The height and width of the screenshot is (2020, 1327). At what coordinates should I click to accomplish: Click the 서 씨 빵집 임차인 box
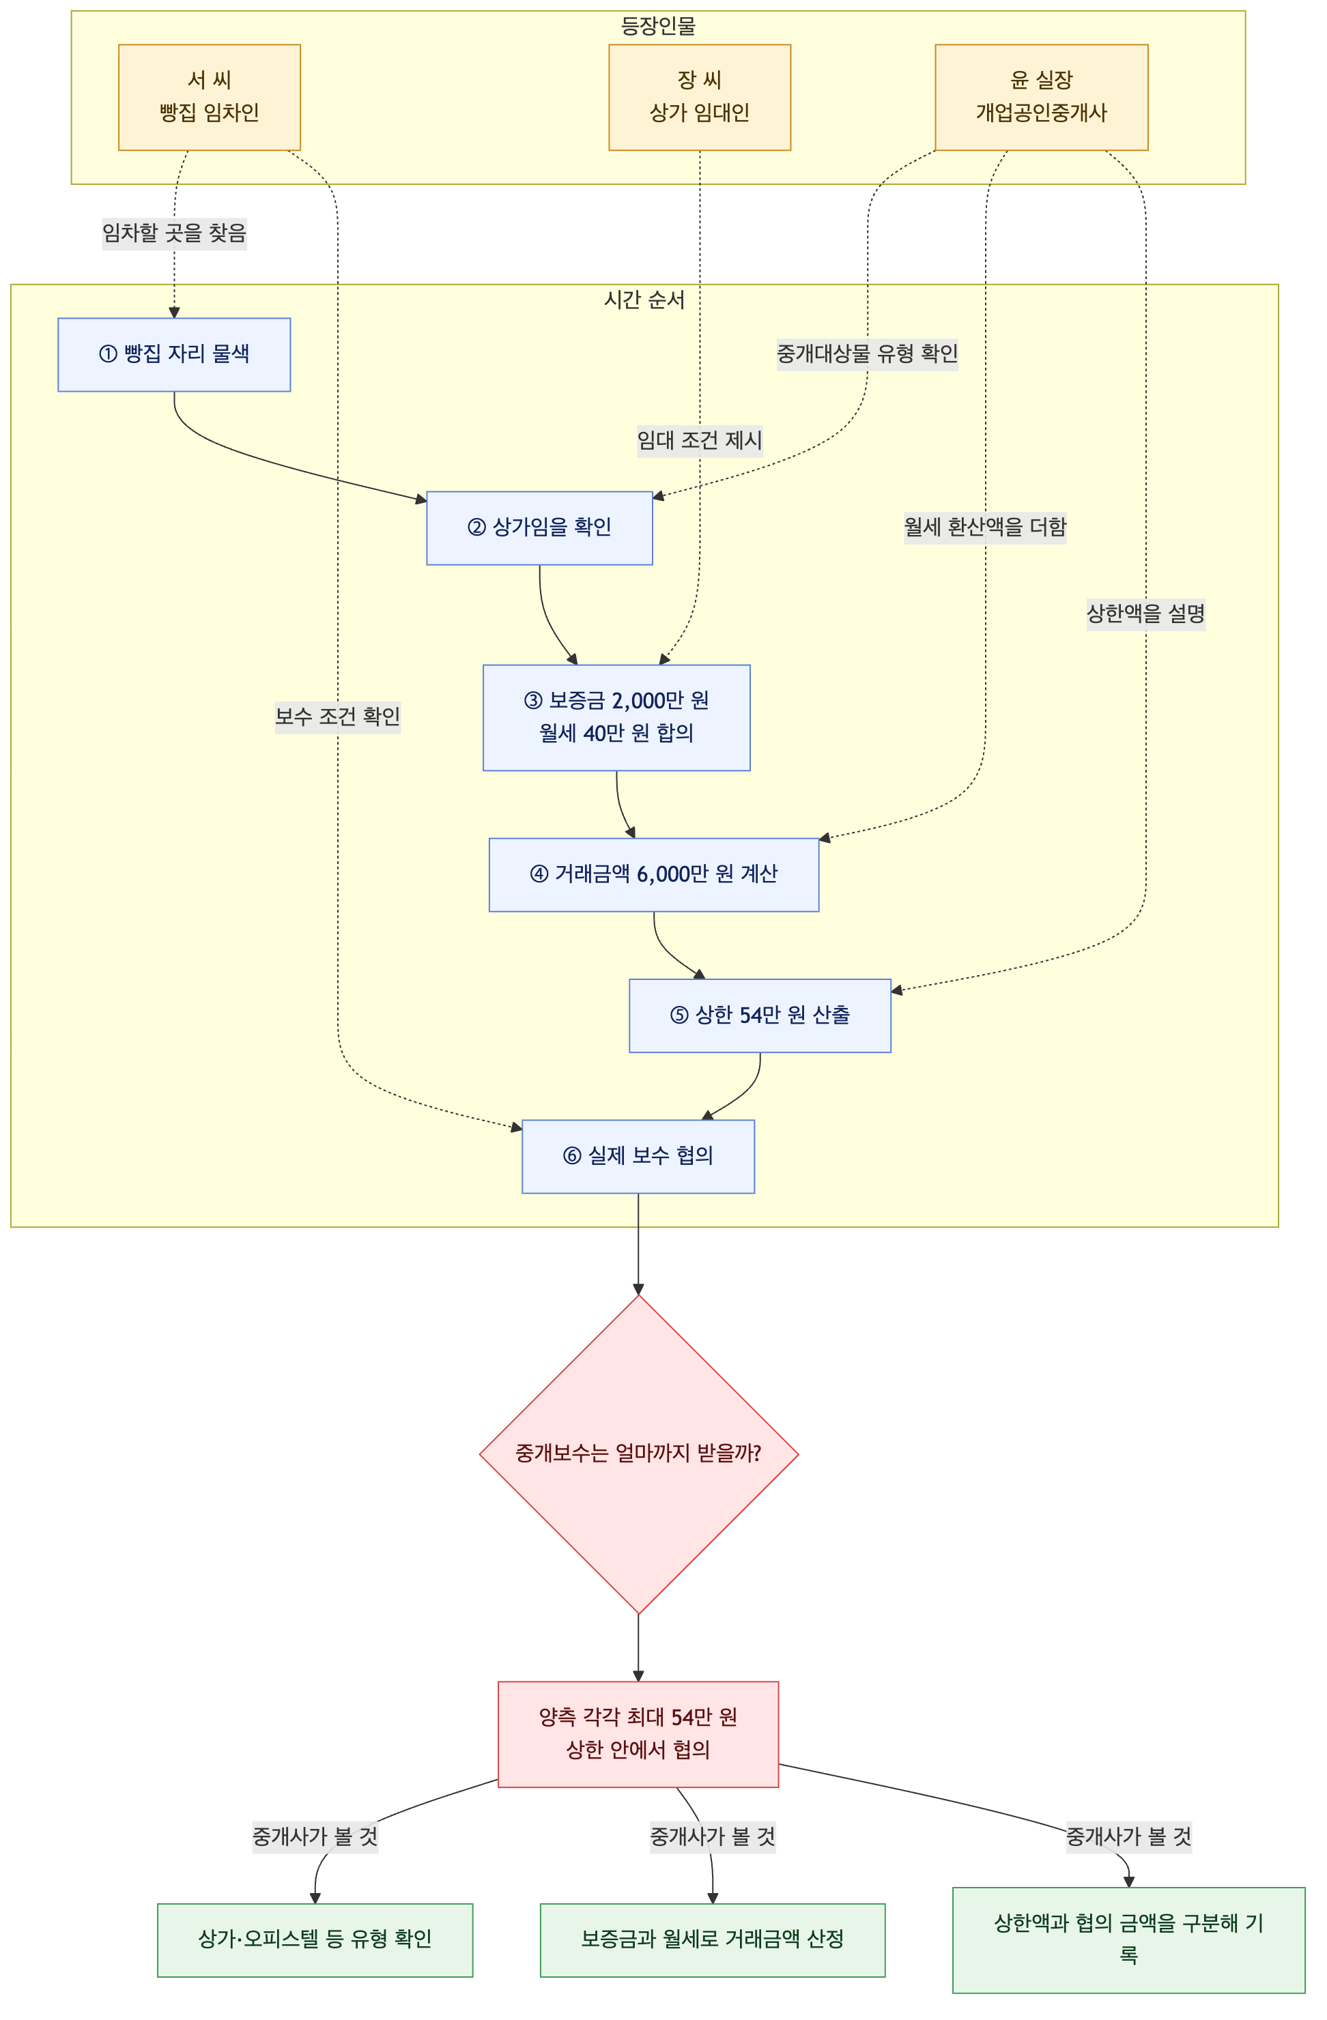209,98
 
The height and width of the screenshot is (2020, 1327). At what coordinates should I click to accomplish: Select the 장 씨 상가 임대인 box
700,98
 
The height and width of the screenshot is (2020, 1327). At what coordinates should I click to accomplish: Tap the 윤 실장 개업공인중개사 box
1042,98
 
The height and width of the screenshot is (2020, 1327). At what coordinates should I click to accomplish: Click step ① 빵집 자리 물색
174,355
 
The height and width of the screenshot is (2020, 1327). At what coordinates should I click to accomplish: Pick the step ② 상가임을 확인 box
539,528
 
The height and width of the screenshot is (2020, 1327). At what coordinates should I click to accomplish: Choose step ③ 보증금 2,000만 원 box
616,717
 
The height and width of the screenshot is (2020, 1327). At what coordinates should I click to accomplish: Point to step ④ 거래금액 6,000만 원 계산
654,875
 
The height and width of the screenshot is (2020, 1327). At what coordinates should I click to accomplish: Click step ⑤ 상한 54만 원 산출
760,1016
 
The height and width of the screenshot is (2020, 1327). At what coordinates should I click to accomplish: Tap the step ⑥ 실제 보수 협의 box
638,1157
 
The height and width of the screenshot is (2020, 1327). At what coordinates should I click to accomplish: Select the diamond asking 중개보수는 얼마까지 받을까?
638,1454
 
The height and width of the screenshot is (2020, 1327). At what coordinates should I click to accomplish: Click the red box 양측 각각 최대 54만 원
638,1734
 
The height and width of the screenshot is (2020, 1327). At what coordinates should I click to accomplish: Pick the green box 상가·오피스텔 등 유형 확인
315,1940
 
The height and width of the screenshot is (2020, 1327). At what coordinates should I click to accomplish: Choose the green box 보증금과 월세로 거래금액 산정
713,1940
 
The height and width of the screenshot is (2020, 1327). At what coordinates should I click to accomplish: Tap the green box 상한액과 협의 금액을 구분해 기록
1128,1940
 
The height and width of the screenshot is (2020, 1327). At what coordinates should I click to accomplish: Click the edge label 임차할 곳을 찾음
174,233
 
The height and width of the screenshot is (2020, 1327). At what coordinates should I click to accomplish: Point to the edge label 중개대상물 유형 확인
867,353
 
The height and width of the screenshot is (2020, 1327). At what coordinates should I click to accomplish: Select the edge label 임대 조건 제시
700,440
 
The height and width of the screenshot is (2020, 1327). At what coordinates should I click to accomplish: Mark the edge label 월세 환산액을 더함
985,527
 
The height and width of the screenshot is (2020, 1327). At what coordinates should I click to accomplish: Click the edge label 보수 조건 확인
338,717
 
